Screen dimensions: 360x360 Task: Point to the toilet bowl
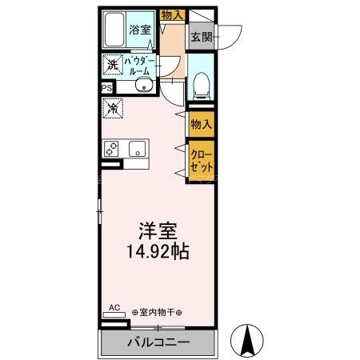pyautogui.click(x=201, y=82)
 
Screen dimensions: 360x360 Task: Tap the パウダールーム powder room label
pyautogui.click(x=140, y=66)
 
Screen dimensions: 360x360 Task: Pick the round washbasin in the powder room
pyautogui.click(x=142, y=88)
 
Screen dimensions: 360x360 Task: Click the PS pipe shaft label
pyautogui.click(x=106, y=88)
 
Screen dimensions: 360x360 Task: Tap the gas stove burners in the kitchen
pyautogui.click(x=111, y=148)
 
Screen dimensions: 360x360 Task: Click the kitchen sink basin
pyautogui.click(x=137, y=148)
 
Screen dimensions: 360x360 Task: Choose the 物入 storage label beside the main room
pyautogui.click(x=201, y=124)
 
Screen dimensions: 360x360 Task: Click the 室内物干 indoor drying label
pyautogui.click(x=157, y=312)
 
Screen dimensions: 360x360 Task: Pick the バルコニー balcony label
pyautogui.click(x=158, y=343)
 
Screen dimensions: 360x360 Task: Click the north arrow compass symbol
pyautogui.click(x=248, y=339)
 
